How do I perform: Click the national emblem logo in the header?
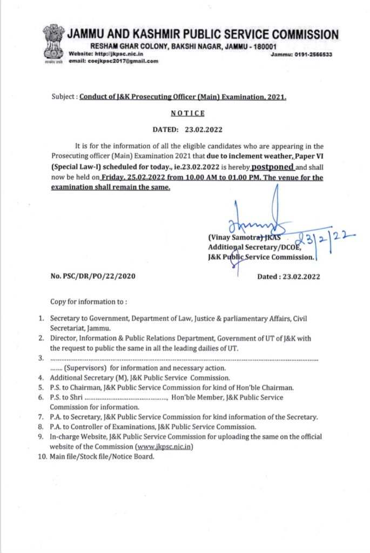point(53,43)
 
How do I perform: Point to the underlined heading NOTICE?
point(187,113)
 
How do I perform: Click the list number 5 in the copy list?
point(41,387)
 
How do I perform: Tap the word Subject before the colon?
point(64,97)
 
